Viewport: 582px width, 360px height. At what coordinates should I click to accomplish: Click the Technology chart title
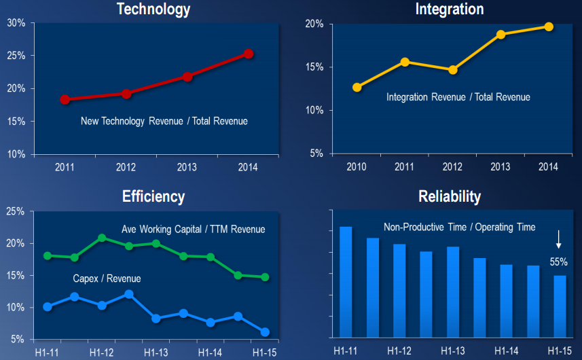pos(153,9)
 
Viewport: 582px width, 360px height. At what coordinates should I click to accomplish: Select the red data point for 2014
pos(249,53)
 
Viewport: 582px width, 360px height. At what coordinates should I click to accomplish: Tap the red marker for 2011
pos(65,99)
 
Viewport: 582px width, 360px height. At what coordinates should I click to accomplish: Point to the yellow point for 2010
pos(357,87)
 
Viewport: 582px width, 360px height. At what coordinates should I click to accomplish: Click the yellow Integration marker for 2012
pos(453,69)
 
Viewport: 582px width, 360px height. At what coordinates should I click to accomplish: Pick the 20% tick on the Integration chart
pos(314,24)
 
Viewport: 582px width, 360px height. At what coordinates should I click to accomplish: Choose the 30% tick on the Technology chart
pos(16,22)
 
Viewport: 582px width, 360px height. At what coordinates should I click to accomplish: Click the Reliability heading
pos(449,197)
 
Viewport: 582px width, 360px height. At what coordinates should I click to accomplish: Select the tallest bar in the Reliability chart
pos(346,282)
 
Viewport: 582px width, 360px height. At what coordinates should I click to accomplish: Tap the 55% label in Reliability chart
pos(558,261)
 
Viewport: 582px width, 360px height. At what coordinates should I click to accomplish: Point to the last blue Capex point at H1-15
pos(265,332)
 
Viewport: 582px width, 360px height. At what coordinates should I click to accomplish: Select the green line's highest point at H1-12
pos(102,238)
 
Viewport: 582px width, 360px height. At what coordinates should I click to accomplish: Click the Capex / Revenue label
pos(107,279)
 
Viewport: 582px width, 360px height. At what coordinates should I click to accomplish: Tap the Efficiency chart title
pos(153,197)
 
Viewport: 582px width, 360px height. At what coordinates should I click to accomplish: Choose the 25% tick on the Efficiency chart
pos(16,211)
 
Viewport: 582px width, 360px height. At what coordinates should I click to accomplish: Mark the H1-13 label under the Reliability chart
pos(452,351)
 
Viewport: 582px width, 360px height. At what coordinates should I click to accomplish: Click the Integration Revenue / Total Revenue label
pos(458,97)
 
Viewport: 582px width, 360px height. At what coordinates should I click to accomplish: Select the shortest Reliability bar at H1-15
pos(560,306)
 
